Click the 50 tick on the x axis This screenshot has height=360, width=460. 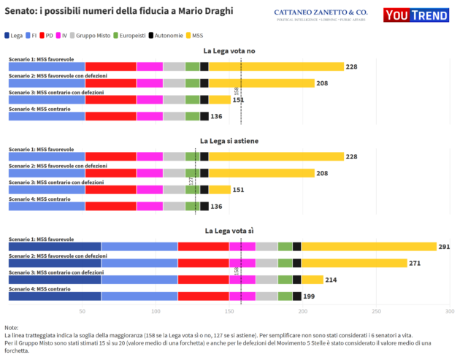coord(83,311)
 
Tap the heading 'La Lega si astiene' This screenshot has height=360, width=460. coord(229,140)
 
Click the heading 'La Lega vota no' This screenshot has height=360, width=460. coord(229,51)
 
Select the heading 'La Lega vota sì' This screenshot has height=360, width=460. coord(229,231)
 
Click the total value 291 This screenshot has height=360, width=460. coord(444,247)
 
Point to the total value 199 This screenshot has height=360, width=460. coord(309,296)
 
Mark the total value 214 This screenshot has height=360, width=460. coord(331,280)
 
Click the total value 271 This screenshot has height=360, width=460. coord(415,263)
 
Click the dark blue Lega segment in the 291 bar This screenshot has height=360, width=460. coord(55,247)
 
